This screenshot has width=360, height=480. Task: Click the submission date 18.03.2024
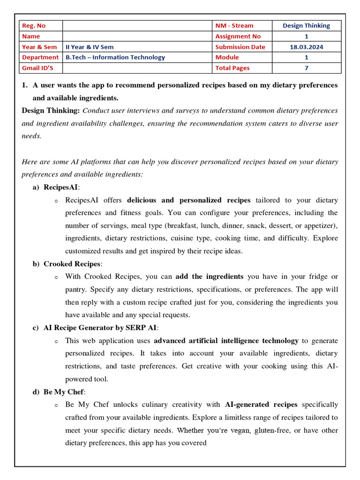307,47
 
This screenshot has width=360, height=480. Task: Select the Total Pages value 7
307,68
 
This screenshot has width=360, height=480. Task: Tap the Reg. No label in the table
34,26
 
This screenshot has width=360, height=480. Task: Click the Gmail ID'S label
37,68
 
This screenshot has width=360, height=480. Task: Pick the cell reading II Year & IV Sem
90,47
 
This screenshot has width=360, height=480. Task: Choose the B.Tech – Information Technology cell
115,57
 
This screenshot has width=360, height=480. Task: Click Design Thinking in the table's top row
307,26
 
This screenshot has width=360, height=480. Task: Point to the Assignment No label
238,36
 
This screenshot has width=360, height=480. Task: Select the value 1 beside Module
307,57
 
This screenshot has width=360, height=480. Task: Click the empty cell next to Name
137,36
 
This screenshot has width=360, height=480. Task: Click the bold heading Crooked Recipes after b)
72,264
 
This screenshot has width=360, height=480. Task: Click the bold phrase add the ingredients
210,277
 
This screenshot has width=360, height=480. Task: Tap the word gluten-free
272,430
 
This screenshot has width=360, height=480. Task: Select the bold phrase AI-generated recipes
261,405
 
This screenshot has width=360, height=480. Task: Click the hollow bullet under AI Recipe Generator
56,341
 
